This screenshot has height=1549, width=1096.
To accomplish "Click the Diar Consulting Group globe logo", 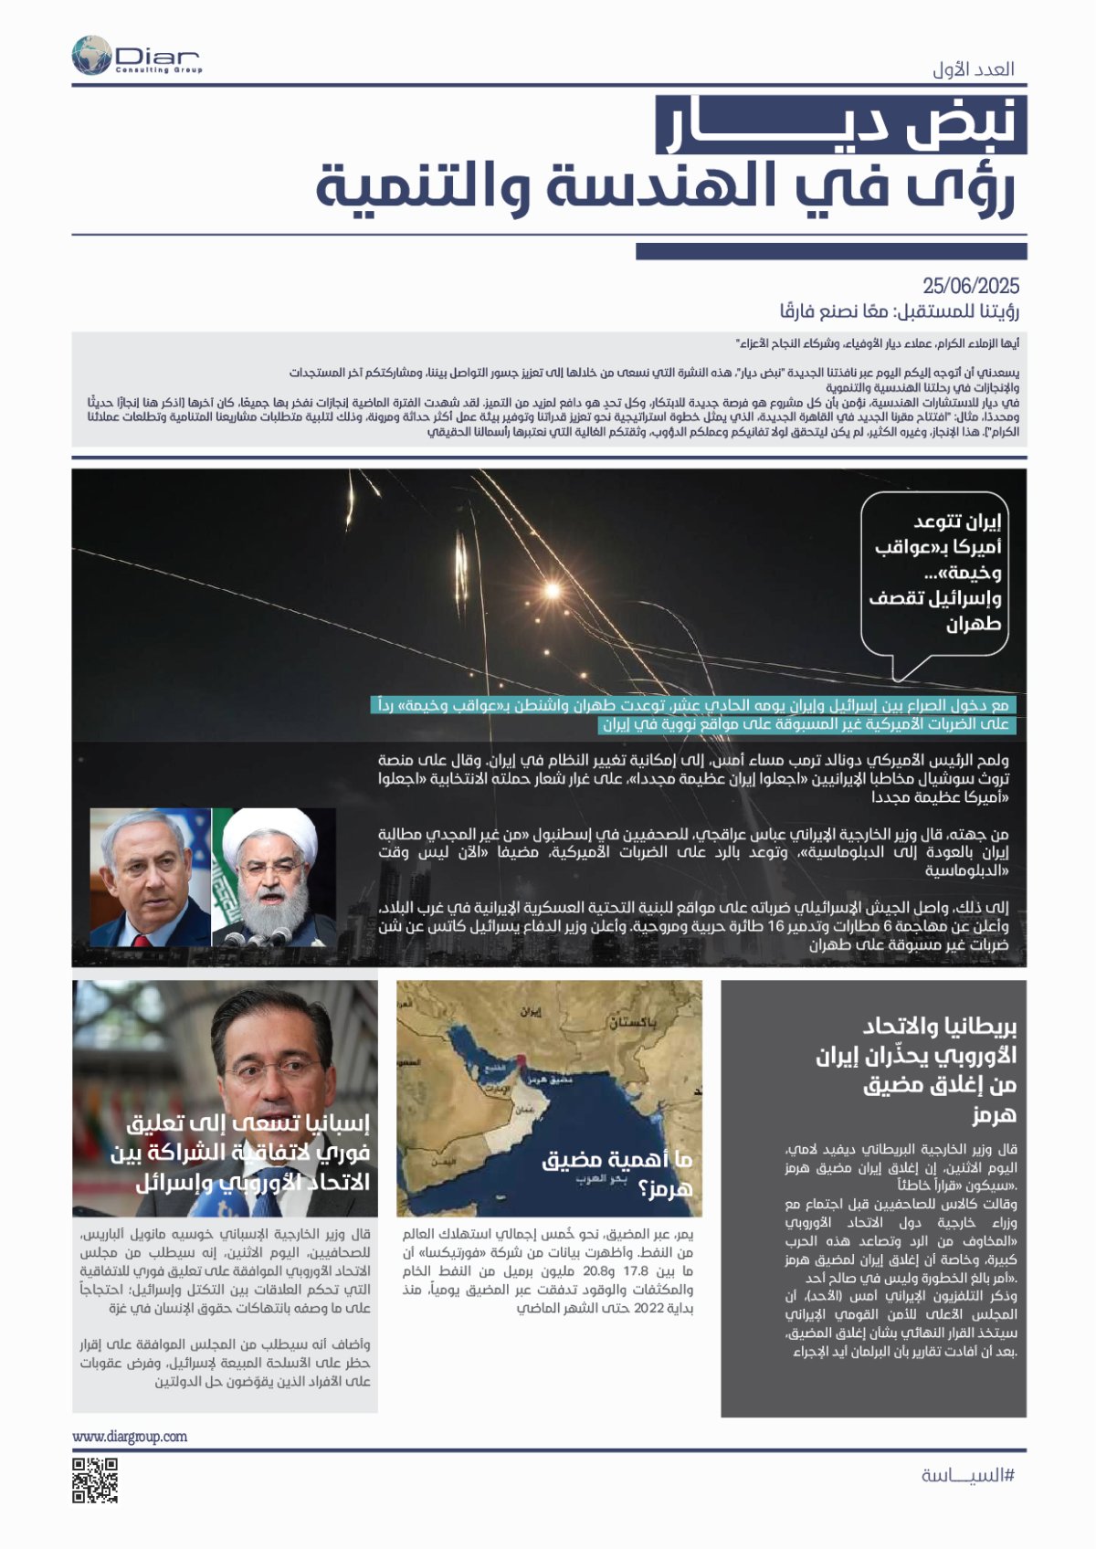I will tap(91, 56).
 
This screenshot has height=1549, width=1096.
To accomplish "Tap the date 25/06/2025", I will tap(970, 286).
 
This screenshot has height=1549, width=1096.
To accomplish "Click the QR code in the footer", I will tap(95, 1481).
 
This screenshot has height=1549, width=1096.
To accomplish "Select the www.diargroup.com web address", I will tap(130, 1437).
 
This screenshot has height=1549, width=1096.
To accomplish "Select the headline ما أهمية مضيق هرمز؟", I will tap(617, 1174).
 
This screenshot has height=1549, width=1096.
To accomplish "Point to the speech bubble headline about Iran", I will tap(934, 573).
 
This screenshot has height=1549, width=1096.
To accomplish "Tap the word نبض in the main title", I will tap(959, 125).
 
